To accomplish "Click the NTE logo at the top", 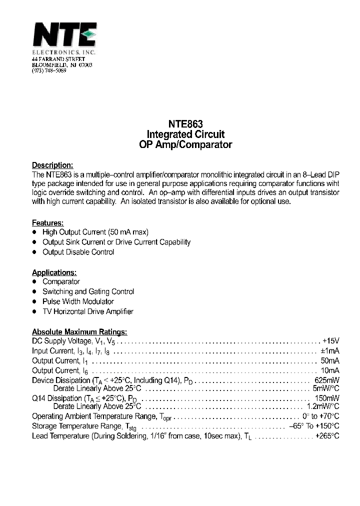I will point(64,35).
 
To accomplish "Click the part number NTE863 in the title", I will point(185,124).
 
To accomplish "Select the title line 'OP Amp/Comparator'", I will point(185,145).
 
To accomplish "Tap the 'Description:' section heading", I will point(52,165).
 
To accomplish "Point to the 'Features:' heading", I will point(47,222).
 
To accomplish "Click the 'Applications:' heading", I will point(54,272).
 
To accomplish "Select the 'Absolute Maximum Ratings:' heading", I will point(79,331).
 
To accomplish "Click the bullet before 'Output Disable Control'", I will point(34,252).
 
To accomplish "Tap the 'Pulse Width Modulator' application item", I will point(78,301).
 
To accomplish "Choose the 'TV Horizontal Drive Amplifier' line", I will point(88,311).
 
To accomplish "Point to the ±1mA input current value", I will point(330,351).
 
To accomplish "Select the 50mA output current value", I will point(330,360).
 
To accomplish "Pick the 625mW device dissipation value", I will point(327,380).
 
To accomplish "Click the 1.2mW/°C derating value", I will point(322,406).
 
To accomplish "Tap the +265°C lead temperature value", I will point(327,435).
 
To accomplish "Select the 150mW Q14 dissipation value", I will point(327,398).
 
